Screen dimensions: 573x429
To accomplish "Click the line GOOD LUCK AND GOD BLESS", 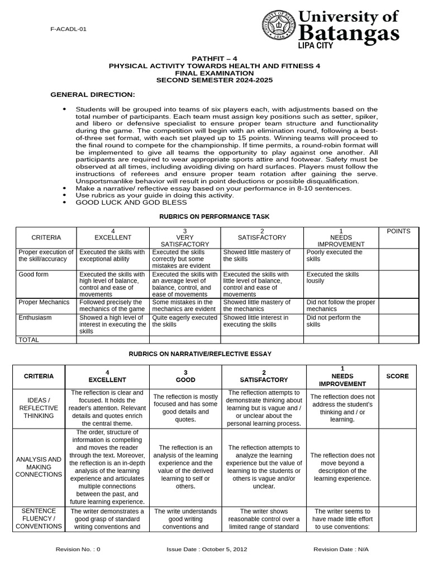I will (x=123, y=203).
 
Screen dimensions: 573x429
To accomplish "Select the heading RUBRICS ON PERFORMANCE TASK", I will (x=214, y=216).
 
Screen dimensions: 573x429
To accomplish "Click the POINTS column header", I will (x=398, y=231).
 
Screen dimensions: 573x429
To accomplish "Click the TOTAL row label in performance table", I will (x=29, y=339).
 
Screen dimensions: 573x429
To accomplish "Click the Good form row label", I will (x=34, y=275).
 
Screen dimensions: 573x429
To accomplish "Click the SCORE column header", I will (x=397, y=377).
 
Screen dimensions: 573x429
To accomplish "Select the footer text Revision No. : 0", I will (x=78, y=549).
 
